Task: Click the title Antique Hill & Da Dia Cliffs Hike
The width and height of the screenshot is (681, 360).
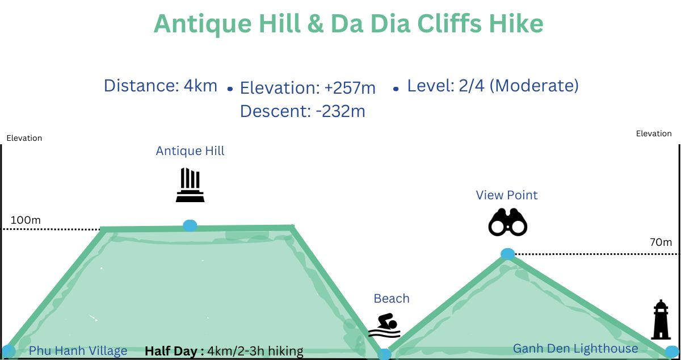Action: (x=348, y=24)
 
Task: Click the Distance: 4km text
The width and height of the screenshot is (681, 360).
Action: (x=161, y=86)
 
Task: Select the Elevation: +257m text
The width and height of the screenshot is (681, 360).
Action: (x=308, y=88)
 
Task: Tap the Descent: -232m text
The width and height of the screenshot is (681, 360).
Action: (x=302, y=111)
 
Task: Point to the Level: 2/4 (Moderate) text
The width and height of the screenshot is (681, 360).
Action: (x=493, y=86)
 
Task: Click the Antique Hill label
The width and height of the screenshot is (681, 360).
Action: (x=190, y=151)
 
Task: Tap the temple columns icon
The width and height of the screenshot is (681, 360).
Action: (x=190, y=185)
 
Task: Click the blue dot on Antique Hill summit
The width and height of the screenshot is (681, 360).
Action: (x=190, y=225)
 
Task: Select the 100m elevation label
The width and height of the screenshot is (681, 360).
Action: (x=26, y=220)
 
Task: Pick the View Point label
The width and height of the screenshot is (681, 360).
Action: (x=507, y=195)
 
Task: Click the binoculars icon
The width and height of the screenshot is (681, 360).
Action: (x=508, y=223)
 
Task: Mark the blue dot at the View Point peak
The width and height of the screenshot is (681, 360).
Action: (x=507, y=254)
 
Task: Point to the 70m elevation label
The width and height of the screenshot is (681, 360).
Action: (x=661, y=242)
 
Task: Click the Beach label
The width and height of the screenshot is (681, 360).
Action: (x=392, y=299)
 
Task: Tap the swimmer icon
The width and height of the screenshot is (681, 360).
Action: (x=385, y=325)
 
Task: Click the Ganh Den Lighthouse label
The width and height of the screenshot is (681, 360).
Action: (x=575, y=349)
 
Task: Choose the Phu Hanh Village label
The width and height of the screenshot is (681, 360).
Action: (x=78, y=351)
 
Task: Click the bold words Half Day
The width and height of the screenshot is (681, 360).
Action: (x=174, y=351)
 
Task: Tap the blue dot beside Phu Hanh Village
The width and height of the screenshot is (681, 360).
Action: (x=9, y=350)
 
